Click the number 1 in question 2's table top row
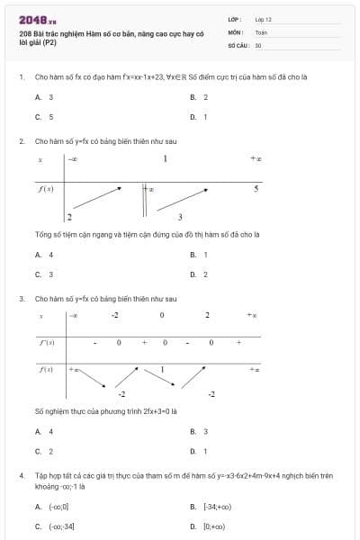pos(166,159)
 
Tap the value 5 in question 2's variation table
pos(256,189)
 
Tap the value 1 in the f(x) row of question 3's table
pos(162,370)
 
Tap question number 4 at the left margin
pos(21,473)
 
